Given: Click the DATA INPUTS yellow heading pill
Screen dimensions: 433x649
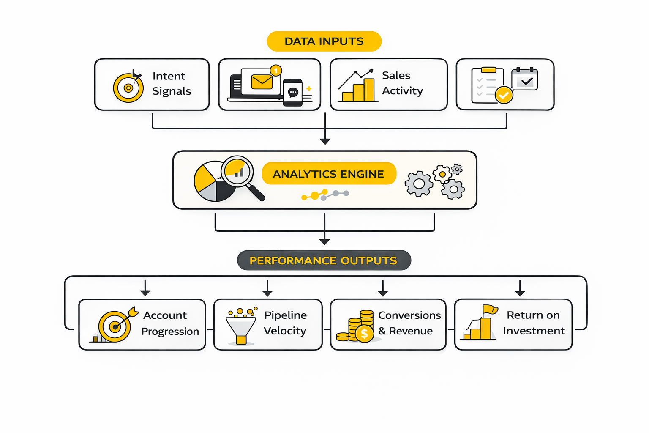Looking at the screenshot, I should point(324,41).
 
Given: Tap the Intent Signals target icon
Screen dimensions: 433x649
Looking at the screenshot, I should point(128,88).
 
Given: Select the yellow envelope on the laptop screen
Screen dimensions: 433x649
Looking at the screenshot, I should point(262,82).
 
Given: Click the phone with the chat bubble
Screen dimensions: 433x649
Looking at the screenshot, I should point(293,92).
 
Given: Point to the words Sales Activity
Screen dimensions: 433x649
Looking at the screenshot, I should point(402,83).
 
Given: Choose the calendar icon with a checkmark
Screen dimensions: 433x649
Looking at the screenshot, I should point(525,79).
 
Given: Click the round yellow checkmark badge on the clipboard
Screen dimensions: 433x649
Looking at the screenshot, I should point(504,95).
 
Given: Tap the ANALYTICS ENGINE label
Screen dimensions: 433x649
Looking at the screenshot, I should point(329,174).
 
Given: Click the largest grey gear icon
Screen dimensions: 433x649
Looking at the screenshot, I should point(418,184).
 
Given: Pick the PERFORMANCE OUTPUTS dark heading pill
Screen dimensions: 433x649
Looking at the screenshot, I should point(324,260).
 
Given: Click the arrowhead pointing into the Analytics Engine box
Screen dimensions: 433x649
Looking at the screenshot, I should point(325,141).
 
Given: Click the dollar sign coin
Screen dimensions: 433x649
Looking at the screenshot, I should point(364,334).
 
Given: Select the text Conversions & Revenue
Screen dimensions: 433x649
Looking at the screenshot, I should point(409,323).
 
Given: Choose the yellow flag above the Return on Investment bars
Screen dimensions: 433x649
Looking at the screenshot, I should point(490,310).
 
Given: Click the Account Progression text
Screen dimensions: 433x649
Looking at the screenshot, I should point(170,323).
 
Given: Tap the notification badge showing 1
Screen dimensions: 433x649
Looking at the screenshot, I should point(276,71).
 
